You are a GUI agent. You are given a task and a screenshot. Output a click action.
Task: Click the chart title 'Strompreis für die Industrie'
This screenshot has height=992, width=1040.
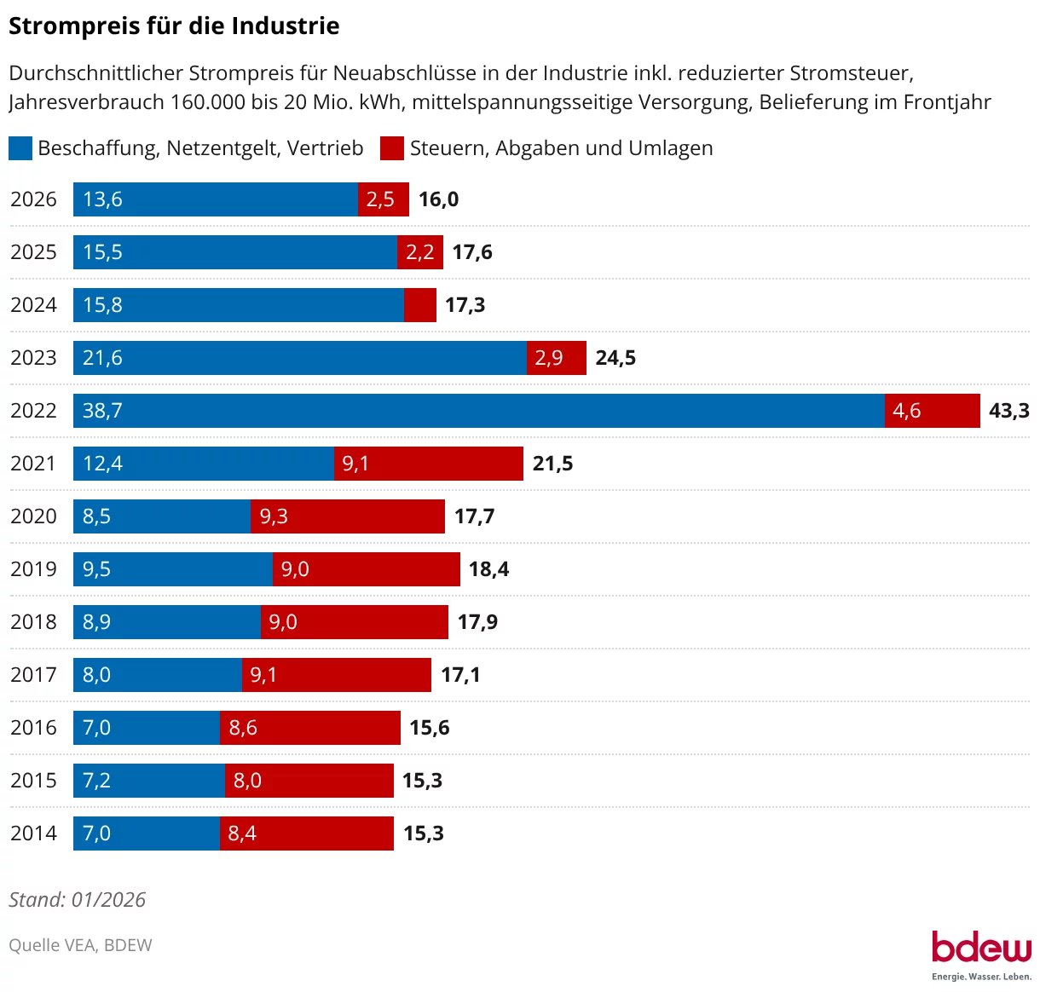pos(174,26)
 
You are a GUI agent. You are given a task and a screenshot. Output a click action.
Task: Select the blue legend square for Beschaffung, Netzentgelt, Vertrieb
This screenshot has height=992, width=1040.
pos(20,148)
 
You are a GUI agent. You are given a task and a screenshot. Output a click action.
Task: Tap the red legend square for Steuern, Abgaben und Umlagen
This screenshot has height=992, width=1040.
pos(392,148)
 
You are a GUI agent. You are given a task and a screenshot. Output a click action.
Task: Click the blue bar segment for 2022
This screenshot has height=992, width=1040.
pos(478,411)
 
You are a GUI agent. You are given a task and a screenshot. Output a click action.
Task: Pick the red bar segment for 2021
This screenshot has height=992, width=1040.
pos(428,464)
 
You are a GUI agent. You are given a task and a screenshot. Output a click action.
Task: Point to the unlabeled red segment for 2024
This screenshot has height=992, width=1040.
pos(420,305)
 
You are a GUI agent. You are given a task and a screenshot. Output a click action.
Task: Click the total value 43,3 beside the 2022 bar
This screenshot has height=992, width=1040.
pos(1008,411)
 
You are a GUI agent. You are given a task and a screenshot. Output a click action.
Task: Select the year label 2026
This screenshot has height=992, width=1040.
pos(33,199)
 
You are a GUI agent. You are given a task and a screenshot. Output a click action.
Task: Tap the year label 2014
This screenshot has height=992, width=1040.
pos(33,833)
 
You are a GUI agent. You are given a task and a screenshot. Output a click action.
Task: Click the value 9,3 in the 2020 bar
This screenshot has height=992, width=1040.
pos(274,516)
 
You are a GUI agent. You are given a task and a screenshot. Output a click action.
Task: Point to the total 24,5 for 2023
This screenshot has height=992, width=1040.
pos(615,358)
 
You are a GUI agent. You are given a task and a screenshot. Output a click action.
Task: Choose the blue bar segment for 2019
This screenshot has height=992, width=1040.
pos(172,569)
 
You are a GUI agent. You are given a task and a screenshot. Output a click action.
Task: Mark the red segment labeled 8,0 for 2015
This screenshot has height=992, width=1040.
pos(309,781)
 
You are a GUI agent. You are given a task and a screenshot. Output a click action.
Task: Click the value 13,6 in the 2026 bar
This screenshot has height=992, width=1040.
pos(102,199)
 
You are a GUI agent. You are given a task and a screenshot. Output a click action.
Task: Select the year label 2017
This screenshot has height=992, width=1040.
pos(33,675)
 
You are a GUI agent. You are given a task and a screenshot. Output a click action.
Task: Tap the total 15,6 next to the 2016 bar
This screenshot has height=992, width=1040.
pos(430,728)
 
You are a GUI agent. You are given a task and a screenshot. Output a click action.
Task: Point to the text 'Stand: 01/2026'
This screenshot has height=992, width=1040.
pos(78,900)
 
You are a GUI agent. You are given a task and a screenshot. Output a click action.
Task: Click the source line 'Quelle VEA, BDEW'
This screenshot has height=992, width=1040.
pos(80,945)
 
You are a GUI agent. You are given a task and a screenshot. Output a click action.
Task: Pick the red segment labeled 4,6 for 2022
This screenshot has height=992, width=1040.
pos(932,411)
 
